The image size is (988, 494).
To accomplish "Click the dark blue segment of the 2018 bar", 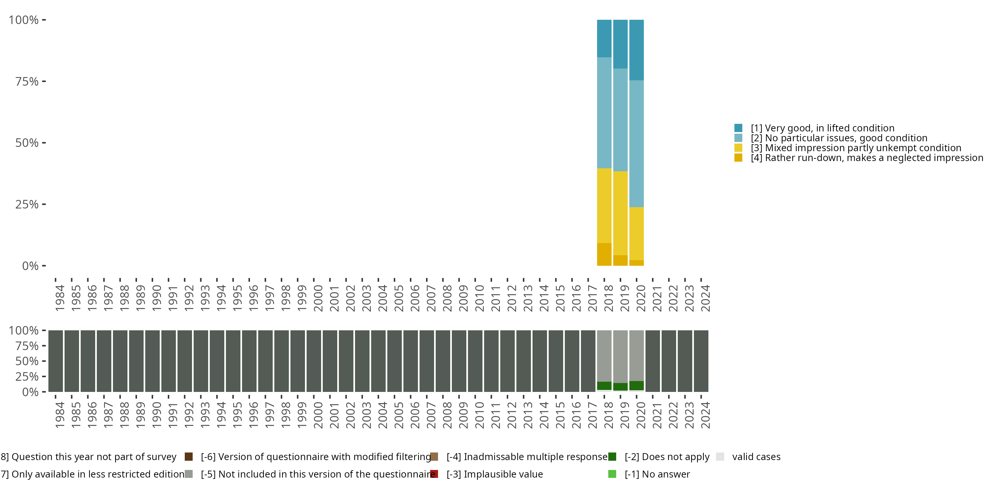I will click(x=604, y=38).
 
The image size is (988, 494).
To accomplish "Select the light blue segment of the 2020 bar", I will click(x=636, y=144).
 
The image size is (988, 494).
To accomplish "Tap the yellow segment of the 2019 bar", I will click(x=620, y=213).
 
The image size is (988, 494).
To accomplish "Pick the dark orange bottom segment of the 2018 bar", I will click(x=604, y=254).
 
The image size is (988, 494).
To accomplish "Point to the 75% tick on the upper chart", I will click(x=43, y=81).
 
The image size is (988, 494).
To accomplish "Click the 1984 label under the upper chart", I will click(x=60, y=298).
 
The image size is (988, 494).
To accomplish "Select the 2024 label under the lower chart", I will click(x=705, y=415).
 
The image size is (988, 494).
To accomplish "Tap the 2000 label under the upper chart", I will click(x=318, y=298).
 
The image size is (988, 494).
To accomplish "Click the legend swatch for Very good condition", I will click(x=738, y=128).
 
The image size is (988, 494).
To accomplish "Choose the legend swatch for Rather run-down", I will click(x=738, y=158).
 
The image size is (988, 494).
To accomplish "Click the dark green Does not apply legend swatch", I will click(x=612, y=456).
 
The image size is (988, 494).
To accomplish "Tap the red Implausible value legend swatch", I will click(x=434, y=474).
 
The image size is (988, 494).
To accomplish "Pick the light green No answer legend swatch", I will click(x=612, y=474).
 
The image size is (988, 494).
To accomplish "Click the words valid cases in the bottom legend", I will click(x=756, y=456).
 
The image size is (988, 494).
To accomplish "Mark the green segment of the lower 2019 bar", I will click(x=620, y=387).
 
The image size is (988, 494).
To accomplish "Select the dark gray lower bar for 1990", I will click(x=152, y=361).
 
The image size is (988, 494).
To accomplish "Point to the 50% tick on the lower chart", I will click(x=43, y=361).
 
